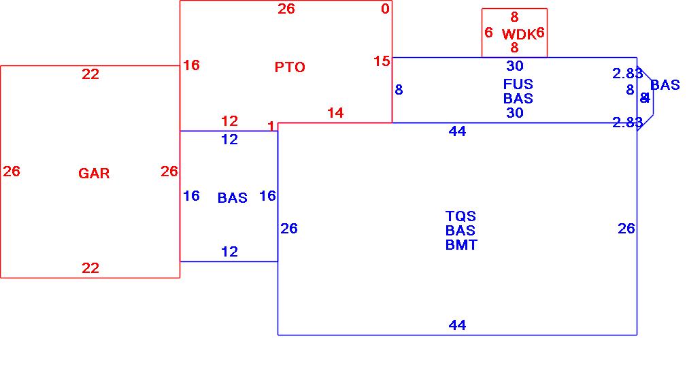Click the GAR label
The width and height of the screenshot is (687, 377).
(x=94, y=174)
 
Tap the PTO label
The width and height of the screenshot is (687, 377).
(x=290, y=67)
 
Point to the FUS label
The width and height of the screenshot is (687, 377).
(x=518, y=84)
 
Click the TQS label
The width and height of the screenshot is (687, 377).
(x=461, y=216)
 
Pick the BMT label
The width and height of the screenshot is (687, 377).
(x=461, y=245)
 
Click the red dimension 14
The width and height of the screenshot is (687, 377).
(x=336, y=113)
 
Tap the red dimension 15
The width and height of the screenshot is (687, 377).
(x=382, y=61)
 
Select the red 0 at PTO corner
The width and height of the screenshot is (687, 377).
(x=385, y=8)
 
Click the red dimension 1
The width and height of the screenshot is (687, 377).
(x=271, y=127)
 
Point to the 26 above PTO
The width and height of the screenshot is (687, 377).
(x=286, y=9)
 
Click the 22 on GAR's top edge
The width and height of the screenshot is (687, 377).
(x=90, y=74)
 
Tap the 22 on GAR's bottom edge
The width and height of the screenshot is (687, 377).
(x=90, y=268)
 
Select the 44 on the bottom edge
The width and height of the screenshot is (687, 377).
(x=457, y=325)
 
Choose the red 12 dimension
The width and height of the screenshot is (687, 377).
(x=230, y=121)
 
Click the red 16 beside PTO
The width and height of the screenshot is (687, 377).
(x=192, y=65)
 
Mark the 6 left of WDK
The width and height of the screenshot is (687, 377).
(x=488, y=33)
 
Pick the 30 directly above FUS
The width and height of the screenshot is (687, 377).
(x=515, y=66)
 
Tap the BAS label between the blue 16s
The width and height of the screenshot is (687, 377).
(x=233, y=198)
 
